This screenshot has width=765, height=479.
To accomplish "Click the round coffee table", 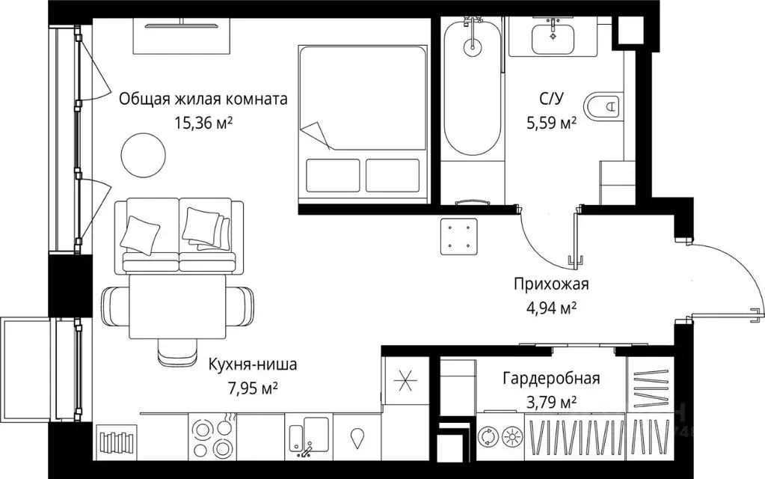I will pyautogui.click(x=143, y=153).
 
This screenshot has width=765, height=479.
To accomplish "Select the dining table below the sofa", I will pyautogui.click(x=177, y=307).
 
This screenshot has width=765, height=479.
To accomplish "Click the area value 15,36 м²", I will pyautogui.click(x=203, y=123).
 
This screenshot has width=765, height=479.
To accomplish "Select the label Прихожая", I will pyautogui.click(x=551, y=284).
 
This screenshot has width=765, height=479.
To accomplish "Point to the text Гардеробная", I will pyautogui.click(x=551, y=379).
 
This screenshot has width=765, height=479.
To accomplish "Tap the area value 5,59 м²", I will pyautogui.click(x=551, y=123).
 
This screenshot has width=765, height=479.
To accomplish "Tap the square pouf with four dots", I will pyautogui.click(x=458, y=235).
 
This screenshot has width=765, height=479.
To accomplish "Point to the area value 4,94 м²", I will pyautogui.click(x=551, y=307).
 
